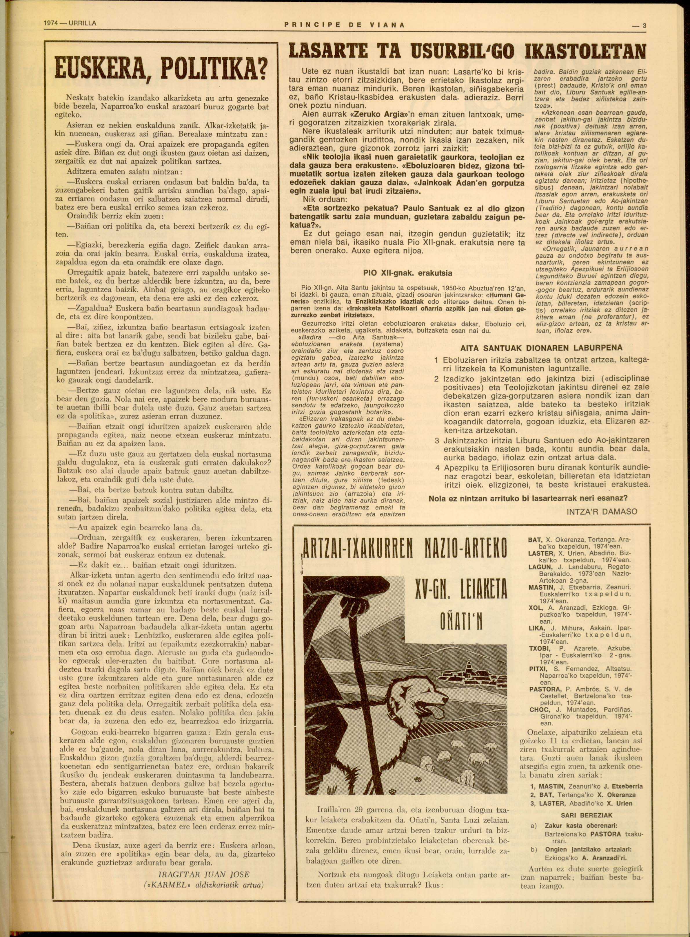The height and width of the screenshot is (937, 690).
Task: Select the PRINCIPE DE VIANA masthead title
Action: point(344,25)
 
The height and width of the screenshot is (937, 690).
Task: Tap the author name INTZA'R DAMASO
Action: point(602,511)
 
